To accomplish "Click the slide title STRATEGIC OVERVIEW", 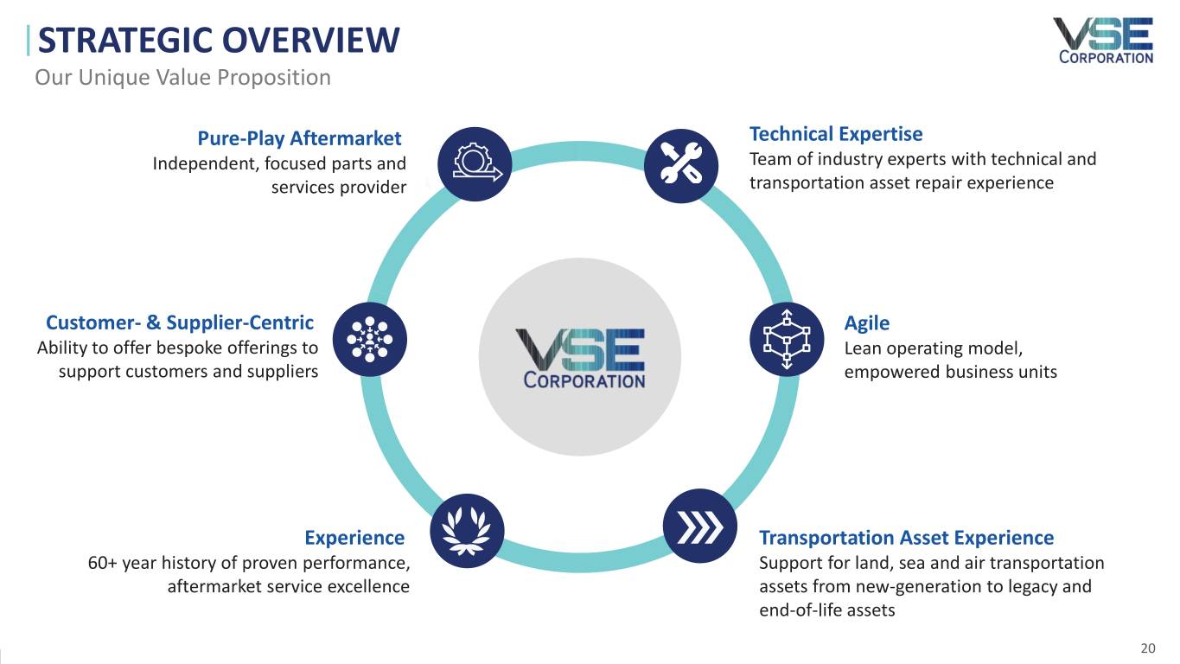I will (x=219, y=41).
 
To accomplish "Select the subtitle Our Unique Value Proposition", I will (x=182, y=78).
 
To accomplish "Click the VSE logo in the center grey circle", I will (x=580, y=357).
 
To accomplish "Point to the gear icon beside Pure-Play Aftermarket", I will (x=475, y=164).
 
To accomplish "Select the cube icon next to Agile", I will (x=786, y=339).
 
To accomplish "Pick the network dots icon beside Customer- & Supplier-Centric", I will (x=369, y=339).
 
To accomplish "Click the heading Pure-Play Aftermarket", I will (x=299, y=138).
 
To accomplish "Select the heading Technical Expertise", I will (x=836, y=134).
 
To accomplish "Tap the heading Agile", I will (x=866, y=323).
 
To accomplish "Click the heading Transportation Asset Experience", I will (x=906, y=538).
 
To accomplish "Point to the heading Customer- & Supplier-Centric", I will (x=180, y=323).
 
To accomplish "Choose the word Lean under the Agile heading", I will (x=861, y=348).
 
